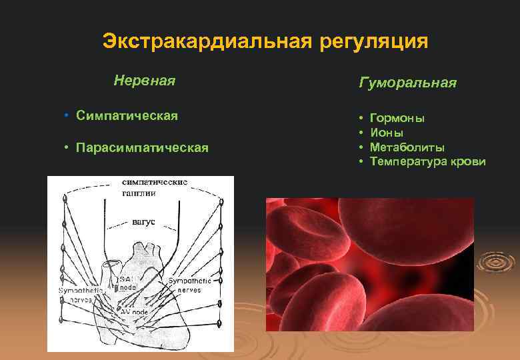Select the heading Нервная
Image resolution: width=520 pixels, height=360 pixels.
[144, 81]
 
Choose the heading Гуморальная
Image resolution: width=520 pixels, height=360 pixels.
[407, 83]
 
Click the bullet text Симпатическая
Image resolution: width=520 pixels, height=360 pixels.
[127, 116]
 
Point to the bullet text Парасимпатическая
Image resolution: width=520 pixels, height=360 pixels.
[142, 147]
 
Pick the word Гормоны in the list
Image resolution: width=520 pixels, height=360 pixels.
[397, 118]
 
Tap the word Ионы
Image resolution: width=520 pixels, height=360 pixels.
[387, 133]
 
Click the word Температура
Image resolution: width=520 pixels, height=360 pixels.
[406, 161]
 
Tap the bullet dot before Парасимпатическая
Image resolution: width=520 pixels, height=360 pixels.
[67, 147]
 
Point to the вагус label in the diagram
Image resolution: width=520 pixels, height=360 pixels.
[143, 221]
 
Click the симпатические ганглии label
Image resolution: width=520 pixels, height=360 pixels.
[154, 187]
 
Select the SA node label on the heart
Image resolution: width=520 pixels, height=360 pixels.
[127, 282]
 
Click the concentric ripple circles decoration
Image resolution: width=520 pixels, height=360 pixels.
[497, 262]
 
